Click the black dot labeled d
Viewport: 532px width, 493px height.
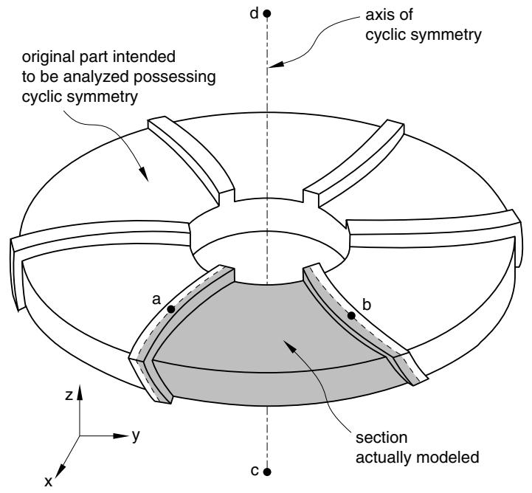[x=267, y=13]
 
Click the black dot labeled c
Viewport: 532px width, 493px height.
[x=267, y=472]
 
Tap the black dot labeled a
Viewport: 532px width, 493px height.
[x=171, y=309]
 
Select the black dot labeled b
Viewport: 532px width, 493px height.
[x=351, y=316]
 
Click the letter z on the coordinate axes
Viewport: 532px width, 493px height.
[x=69, y=396]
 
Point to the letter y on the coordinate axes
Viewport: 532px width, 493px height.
[x=136, y=435]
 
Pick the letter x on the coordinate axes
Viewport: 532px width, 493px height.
[x=49, y=481]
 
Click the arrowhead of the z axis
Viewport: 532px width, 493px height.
[x=80, y=392]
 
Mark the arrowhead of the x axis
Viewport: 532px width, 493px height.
[x=59, y=472]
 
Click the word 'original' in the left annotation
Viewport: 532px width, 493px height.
[x=48, y=58]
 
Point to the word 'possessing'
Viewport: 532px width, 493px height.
[x=174, y=77]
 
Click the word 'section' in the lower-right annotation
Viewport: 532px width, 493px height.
[x=381, y=438]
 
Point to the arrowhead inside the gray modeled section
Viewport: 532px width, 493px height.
[x=290, y=346]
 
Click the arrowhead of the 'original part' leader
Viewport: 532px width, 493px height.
[x=144, y=173]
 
